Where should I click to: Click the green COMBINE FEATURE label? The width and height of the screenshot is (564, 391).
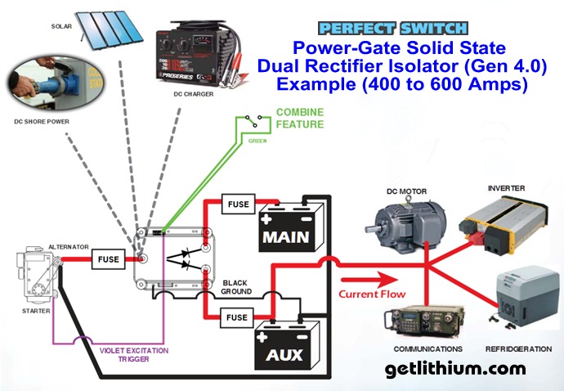(x=299, y=118)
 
